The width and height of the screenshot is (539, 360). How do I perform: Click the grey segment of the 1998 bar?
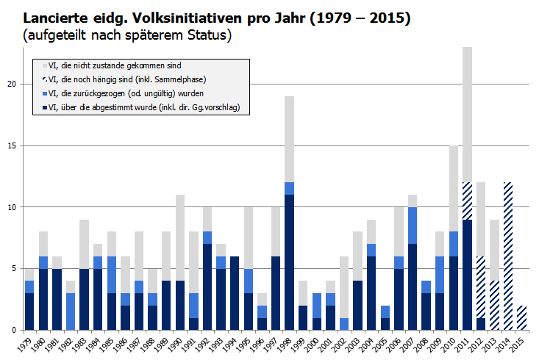tap(289, 140)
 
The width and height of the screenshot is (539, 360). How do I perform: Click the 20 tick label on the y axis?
tap(12, 84)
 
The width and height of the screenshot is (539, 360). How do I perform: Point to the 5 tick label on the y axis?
tap(14, 268)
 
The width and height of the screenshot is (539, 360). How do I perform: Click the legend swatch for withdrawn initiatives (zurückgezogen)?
tap(43, 94)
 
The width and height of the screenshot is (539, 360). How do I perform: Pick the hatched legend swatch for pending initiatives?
tap(43, 80)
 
